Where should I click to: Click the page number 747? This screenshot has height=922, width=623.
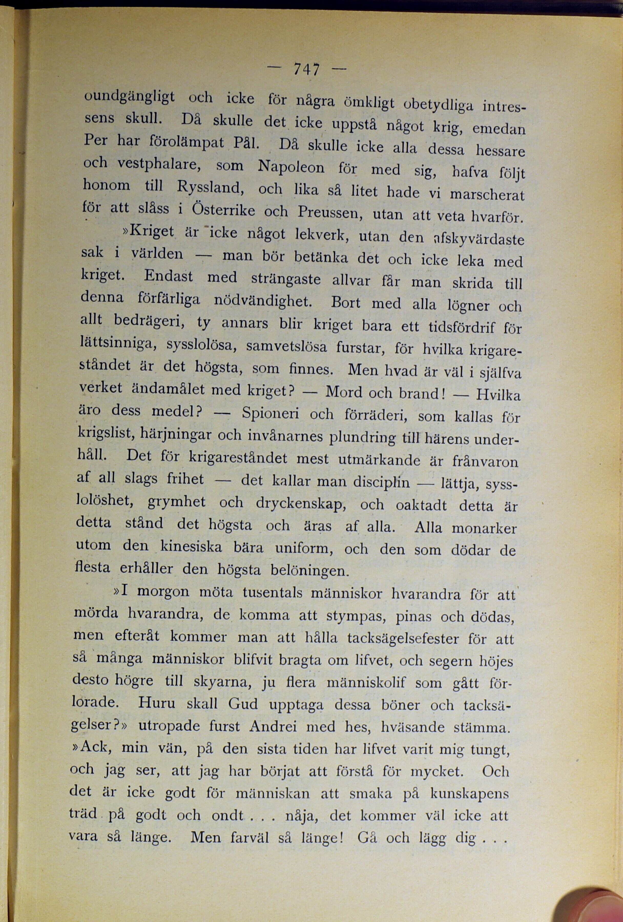point(306,70)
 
